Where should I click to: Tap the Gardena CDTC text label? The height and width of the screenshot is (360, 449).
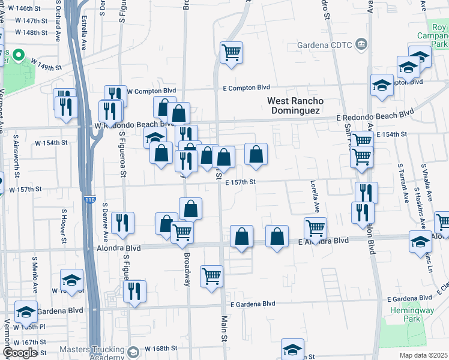(325, 44)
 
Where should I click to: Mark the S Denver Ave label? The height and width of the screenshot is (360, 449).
(105, 219)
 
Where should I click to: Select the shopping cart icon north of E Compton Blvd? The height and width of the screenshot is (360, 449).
(231, 53)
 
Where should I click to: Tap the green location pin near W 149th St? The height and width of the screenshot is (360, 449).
(18, 57)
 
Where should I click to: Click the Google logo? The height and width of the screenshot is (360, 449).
(20, 353)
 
